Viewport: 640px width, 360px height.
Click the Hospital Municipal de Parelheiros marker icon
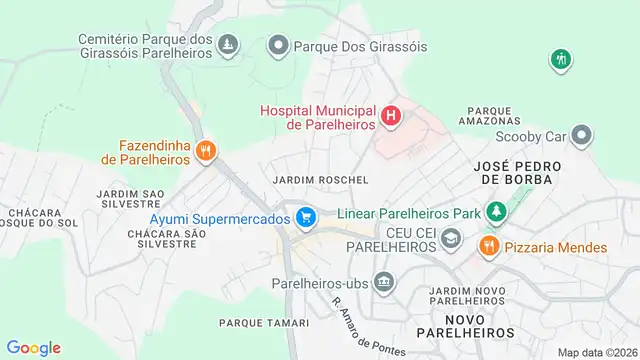pyautogui.click(x=391, y=116)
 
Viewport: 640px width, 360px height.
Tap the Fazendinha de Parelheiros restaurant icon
pyautogui.click(x=206, y=151)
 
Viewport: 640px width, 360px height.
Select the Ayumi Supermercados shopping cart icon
pyautogui.click(x=306, y=215)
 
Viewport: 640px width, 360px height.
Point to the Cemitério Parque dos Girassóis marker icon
pyautogui.click(x=230, y=45)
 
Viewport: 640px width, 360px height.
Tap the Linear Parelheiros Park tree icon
pyautogui.click(x=495, y=211)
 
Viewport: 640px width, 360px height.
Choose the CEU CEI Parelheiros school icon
pyautogui.click(x=451, y=237)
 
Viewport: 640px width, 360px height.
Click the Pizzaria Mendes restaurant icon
pyautogui.click(x=489, y=246)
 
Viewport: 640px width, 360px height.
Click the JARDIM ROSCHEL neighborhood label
pyautogui.click(x=320, y=179)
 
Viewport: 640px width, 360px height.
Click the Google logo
pyautogui.click(x=33, y=347)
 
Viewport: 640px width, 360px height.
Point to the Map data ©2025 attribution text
pyautogui.click(x=597, y=352)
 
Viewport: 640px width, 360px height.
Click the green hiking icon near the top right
pyautogui.click(x=561, y=59)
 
